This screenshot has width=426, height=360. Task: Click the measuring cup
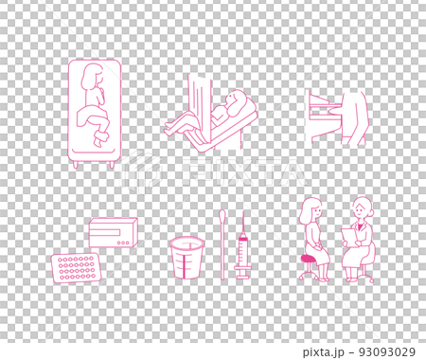coord(186,259)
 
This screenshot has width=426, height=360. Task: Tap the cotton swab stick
coord(222,244)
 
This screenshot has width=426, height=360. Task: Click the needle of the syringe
coord(243,221)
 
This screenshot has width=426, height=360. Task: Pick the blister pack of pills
coord(76,268)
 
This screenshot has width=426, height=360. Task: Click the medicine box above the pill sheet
coord(114,232)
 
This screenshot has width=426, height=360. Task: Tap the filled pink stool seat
coord(310,259)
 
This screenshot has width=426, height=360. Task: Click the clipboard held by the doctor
coord(348,237)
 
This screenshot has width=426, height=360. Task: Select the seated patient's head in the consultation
coord(311,210)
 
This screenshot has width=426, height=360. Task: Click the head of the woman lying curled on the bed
coord(92,77)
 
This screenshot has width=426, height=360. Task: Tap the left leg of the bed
coord(76,165)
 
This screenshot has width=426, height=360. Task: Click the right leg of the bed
coord(112,165)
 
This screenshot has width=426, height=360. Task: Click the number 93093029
coord(387,351)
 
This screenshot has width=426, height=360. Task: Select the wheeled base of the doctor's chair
coord(365,277)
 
